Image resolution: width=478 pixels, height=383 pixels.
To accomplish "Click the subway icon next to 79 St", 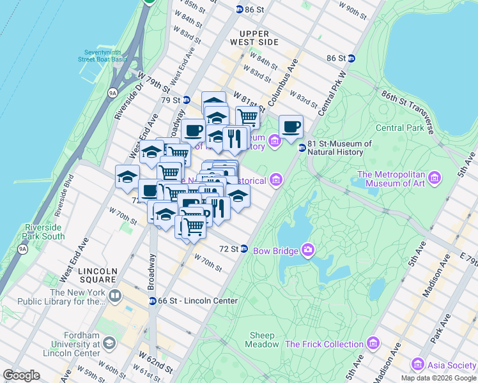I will coord(186,100).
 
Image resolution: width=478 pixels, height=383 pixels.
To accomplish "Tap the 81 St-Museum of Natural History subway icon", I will coord(302,147).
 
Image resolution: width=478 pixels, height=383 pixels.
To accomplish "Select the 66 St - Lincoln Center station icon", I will coord(153,301).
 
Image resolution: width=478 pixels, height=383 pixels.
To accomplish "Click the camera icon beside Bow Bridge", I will coord(307,250).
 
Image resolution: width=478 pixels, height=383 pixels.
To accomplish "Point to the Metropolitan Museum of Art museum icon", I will coord(436,176).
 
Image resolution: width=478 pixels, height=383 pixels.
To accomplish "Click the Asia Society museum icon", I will coord(418,364).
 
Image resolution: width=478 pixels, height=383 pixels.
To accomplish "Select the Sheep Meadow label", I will coord(262,340).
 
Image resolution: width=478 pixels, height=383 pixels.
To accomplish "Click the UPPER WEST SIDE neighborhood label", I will coord(259,37).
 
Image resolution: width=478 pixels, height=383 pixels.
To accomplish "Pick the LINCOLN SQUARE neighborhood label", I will coord(97,275).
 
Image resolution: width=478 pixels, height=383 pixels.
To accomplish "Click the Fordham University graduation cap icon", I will coord(109,344).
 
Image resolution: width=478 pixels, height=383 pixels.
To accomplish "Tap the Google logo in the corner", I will coord(21,375).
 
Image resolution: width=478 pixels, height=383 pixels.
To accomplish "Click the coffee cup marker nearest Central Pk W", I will coord(291,126).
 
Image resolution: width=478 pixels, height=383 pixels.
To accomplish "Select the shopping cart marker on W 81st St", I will coord(247,117).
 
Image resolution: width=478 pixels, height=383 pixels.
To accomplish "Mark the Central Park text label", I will coord(399,128).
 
